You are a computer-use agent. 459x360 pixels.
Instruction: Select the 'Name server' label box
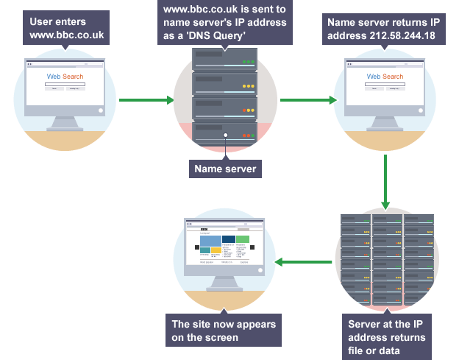point(225,169)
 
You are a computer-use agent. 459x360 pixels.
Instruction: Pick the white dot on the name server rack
point(225,135)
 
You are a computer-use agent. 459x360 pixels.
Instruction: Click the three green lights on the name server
point(249,62)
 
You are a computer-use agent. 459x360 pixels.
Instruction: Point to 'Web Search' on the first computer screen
point(65,77)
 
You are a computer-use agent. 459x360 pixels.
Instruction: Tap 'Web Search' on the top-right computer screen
point(385,77)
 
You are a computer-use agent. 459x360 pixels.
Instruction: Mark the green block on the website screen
point(243,239)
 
